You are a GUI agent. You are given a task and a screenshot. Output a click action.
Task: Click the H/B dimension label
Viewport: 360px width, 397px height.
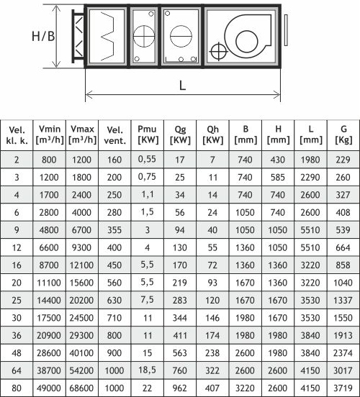[x=43, y=36]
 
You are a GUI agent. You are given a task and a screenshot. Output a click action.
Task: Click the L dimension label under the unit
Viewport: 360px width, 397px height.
[x=182, y=86]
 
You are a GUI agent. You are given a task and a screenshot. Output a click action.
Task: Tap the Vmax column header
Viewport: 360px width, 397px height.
[x=82, y=134]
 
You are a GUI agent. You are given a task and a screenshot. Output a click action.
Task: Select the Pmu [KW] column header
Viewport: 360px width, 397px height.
[x=148, y=134]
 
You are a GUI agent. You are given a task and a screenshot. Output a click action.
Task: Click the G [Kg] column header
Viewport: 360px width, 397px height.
[x=343, y=134]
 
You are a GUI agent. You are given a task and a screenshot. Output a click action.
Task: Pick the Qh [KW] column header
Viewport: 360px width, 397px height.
[x=212, y=134]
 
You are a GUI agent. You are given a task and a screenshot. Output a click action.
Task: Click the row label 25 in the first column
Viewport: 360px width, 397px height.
[x=17, y=300]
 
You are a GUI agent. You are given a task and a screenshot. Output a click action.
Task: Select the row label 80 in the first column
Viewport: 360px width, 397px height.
[x=17, y=388]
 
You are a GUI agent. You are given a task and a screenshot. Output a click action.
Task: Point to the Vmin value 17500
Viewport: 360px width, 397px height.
[x=49, y=318]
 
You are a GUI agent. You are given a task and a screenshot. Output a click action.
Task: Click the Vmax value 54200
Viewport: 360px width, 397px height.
[x=81, y=370]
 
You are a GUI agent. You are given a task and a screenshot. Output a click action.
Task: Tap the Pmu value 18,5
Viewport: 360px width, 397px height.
[x=147, y=370]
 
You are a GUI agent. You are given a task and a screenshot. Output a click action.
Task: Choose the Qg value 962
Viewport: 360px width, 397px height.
[x=180, y=388]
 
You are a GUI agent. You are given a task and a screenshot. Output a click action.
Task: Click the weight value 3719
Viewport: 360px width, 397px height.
[x=343, y=388]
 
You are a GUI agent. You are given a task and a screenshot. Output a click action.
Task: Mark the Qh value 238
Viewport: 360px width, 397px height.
[x=212, y=352]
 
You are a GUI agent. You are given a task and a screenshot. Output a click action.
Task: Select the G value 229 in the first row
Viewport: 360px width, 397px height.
[x=343, y=160]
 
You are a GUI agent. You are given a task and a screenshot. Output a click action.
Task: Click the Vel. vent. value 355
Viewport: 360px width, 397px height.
[x=114, y=230]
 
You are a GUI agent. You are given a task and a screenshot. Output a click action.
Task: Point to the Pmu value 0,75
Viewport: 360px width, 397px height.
[x=147, y=177]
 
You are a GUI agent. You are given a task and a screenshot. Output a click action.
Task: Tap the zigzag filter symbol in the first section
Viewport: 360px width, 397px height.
[x=107, y=37]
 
